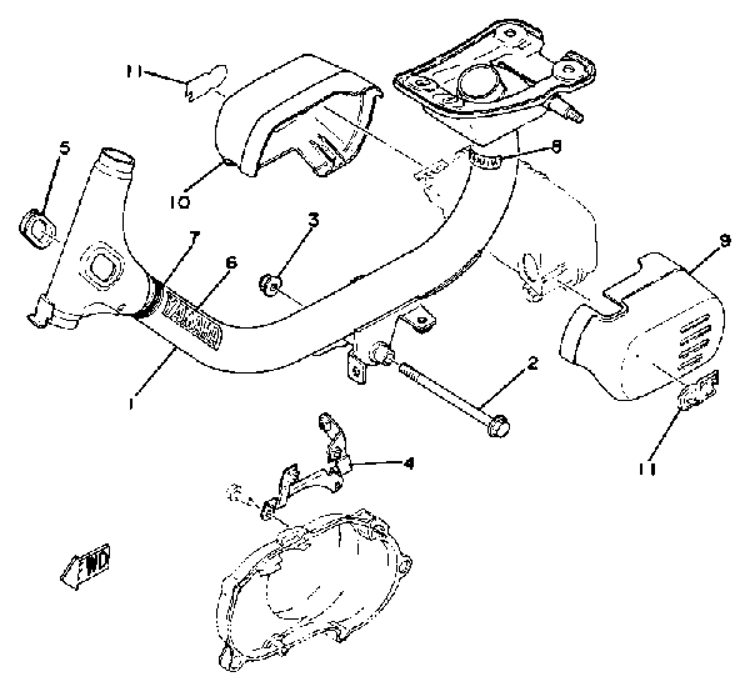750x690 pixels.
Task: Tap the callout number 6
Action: tap(230, 263)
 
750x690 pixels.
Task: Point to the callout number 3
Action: tap(313, 220)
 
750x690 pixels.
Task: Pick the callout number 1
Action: tap(131, 403)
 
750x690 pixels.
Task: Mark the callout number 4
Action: tap(409, 463)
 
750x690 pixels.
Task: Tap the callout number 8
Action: tap(556, 147)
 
